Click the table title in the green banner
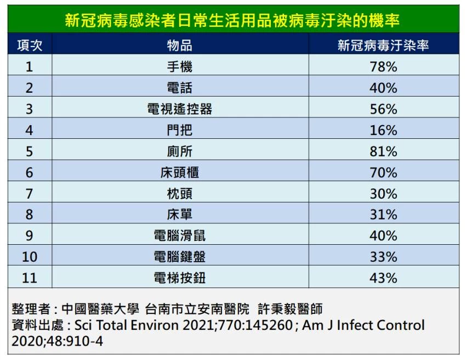pyautogui.click(x=232, y=20)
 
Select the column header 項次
pyautogui.click(x=30, y=46)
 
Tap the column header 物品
pyautogui.click(x=179, y=46)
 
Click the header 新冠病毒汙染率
pyautogui.click(x=383, y=46)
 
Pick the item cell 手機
pyautogui.click(x=179, y=66)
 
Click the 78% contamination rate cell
pyautogui.click(x=383, y=66)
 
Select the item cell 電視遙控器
pyautogui.click(x=179, y=109)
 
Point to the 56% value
pyautogui.click(x=383, y=109)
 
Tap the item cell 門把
pyautogui.click(x=179, y=130)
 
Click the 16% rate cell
pyautogui.click(x=383, y=130)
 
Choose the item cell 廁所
pyautogui.click(x=179, y=151)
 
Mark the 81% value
pyautogui.click(x=383, y=151)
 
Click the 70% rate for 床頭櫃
pyautogui.click(x=383, y=172)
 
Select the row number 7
pyautogui.click(x=29, y=194)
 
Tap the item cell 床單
pyautogui.click(x=179, y=215)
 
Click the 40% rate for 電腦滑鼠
pyautogui.click(x=383, y=235)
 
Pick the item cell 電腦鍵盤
pyautogui.click(x=179, y=257)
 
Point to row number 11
pyautogui.click(x=30, y=278)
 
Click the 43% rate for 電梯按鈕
pyautogui.click(x=383, y=278)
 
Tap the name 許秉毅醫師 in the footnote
pyautogui.click(x=290, y=309)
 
